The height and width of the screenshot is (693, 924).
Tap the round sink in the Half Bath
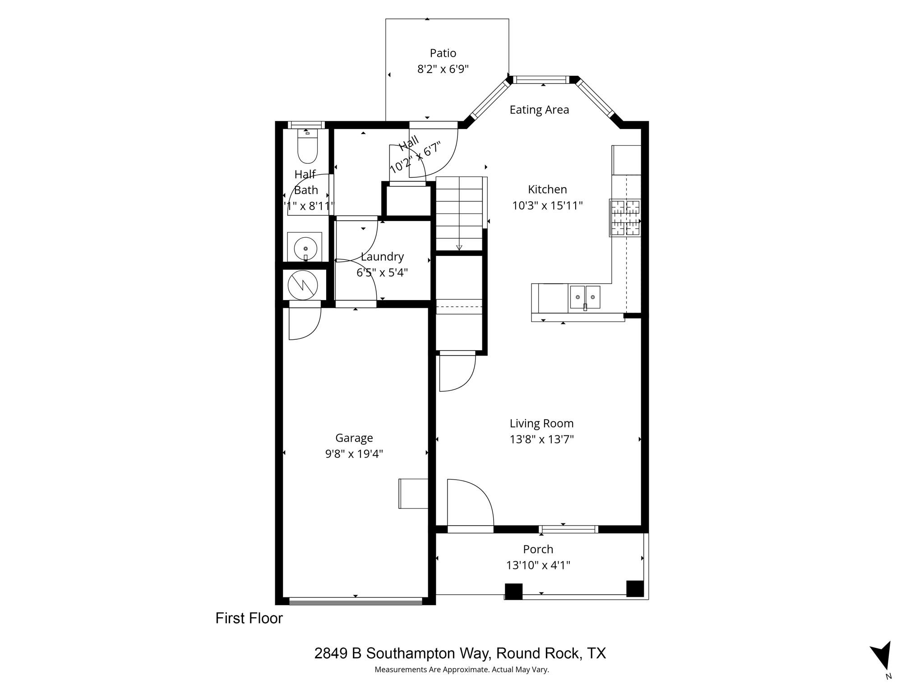tap(305, 248)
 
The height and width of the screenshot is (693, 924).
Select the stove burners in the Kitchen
tap(625, 218)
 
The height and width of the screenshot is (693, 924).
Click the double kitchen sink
tap(585, 297)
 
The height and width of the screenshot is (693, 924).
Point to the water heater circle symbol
tap(303, 285)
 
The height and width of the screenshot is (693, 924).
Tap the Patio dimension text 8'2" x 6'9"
tap(443, 69)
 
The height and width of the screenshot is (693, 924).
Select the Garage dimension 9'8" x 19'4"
tap(354, 453)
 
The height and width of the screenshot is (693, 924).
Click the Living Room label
tap(541, 423)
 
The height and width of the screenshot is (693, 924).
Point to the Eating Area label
tap(539, 110)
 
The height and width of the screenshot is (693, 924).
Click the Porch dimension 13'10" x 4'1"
tap(538, 565)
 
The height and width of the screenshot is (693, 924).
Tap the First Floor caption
tap(249, 618)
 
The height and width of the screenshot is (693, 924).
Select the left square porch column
tap(513, 591)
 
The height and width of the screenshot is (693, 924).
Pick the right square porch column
tap(635, 588)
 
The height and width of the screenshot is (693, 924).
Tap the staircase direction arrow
tap(459, 247)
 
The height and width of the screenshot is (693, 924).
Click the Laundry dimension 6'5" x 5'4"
tap(382, 273)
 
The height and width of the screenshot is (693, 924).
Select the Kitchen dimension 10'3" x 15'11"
tap(547, 206)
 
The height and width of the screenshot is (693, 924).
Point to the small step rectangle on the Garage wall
tap(413, 494)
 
